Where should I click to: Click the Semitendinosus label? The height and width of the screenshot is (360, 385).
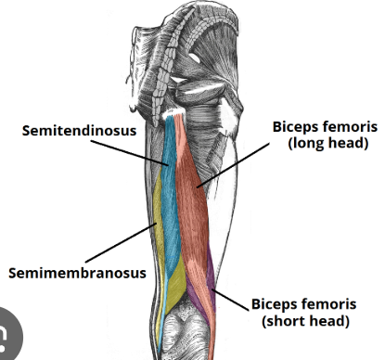[80, 130]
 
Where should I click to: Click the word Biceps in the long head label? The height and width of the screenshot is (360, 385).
[295, 126]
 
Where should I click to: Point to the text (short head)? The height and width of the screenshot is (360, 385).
[305, 321]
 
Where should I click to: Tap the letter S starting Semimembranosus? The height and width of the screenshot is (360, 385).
[14, 274]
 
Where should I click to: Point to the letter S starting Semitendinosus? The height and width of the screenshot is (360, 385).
[28, 130]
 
